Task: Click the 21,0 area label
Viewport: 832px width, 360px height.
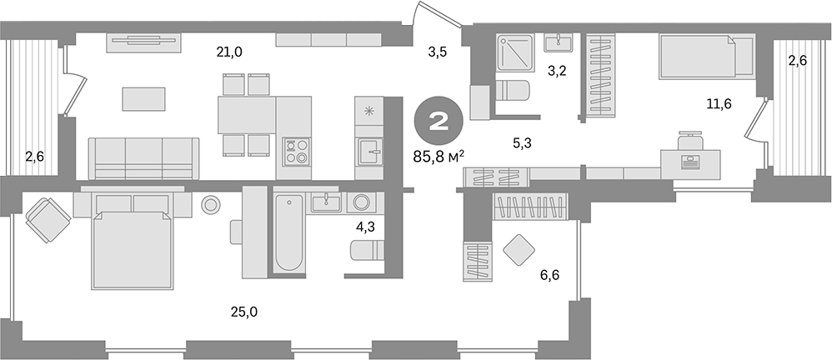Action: (229, 52)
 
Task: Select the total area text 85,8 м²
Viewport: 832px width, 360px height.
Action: (443, 154)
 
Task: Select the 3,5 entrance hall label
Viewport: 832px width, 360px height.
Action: (438, 52)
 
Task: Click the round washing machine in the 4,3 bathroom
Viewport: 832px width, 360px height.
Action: (362, 202)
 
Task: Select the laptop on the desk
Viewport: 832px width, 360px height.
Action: (689, 161)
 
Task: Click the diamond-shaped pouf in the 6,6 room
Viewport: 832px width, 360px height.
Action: (519, 249)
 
